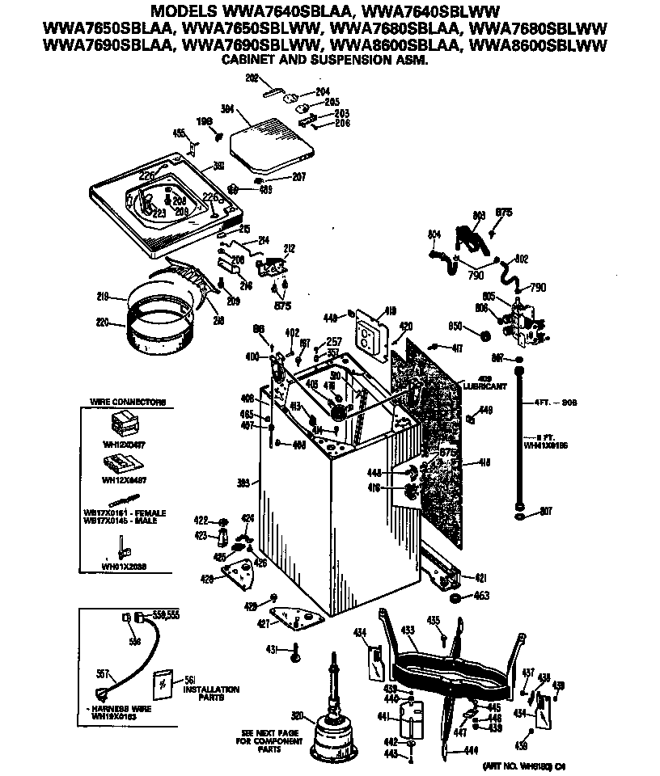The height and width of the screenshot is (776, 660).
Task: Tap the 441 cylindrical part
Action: [x=412, y=718]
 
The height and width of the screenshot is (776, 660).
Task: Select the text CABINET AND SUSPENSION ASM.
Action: [x=325, y=61]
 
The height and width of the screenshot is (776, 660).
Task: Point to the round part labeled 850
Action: [x=485, y=335]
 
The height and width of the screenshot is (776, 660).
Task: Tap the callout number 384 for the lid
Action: [x=227, y=109]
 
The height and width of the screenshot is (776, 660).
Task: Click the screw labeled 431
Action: [x=296, y=650]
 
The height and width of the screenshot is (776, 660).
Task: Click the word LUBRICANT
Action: [x=485, y=386]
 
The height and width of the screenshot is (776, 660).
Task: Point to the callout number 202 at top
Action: [x=252, y=78]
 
